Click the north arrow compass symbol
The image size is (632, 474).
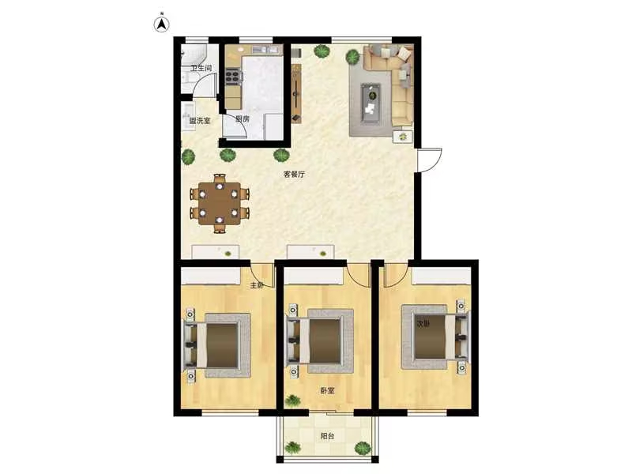click(x=162, y=24)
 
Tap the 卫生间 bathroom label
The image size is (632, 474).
click(x=201, y=68)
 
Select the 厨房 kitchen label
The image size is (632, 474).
click(x=243, y=119)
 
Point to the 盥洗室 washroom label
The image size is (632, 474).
click(x=200, y=121)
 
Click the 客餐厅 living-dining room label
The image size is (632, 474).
click(x=294, y=175)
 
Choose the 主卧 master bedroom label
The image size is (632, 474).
click(x=257, y=285)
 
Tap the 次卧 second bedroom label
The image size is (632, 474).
click(x=423, y=324)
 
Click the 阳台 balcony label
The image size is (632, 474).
click(x=327, y=436)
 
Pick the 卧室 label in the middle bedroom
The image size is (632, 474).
click(x=327, y=390)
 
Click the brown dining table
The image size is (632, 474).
click(x=220, y=204)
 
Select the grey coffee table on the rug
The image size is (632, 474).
click(x=371, y=103)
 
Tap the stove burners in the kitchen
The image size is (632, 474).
click(x=232, y=77)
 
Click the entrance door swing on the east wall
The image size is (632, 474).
click(x=431, y=160)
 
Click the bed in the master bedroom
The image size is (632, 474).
click(x=218, y=345)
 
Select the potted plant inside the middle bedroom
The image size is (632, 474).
click(x=292, y=401)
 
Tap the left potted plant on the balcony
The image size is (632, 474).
click(x=292, y=447)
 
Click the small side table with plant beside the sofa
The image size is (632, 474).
click(x=403, y=136)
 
